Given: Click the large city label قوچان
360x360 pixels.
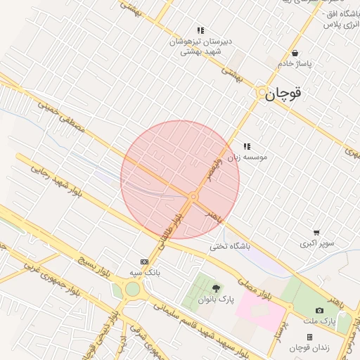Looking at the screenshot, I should pyautogui.click(x=288, y=94).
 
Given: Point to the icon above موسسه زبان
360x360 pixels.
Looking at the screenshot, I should pyautogui.click(x=246, y=146).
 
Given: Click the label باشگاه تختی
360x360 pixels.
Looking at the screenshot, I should pyautogui.click(x=230, y=247).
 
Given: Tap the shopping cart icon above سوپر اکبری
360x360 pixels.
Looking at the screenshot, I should pyautogui.click(x=316, y=233).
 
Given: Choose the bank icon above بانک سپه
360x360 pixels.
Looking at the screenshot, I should pyautogui.click(x=145, y=261).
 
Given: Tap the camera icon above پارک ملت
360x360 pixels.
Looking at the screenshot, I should pyautogui.click(x=320, y=310).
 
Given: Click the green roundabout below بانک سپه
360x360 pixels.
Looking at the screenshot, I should pyautogui.click(x=131, y=289).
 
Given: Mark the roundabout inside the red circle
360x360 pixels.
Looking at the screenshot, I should pyautogui.click(x=193, y=198).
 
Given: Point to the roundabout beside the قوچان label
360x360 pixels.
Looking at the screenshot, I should pyautogui.click(x=262, y=92).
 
